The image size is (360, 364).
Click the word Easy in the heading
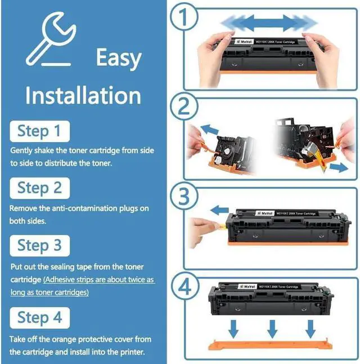point(119,58)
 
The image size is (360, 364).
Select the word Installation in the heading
point(83,95)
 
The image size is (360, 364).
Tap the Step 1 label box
point(39,131)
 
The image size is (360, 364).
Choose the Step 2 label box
point(39,188)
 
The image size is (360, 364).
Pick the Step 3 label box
point(39,246)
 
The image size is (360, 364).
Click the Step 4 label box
point(39,318)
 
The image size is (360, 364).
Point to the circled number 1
point(184,17)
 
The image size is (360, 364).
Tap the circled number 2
point(184,106)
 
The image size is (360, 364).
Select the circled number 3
point(184,196)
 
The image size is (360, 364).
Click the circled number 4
point(184,286)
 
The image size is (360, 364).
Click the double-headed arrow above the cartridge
point(269,23)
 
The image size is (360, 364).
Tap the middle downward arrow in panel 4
point(272,329)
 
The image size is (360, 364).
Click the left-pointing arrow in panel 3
point(219,210)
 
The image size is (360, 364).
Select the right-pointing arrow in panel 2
point(339,167)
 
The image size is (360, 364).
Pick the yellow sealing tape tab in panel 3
point(222,225)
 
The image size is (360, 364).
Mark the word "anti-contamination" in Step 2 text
point(84,208)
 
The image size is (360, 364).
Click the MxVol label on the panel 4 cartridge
point(247,287)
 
